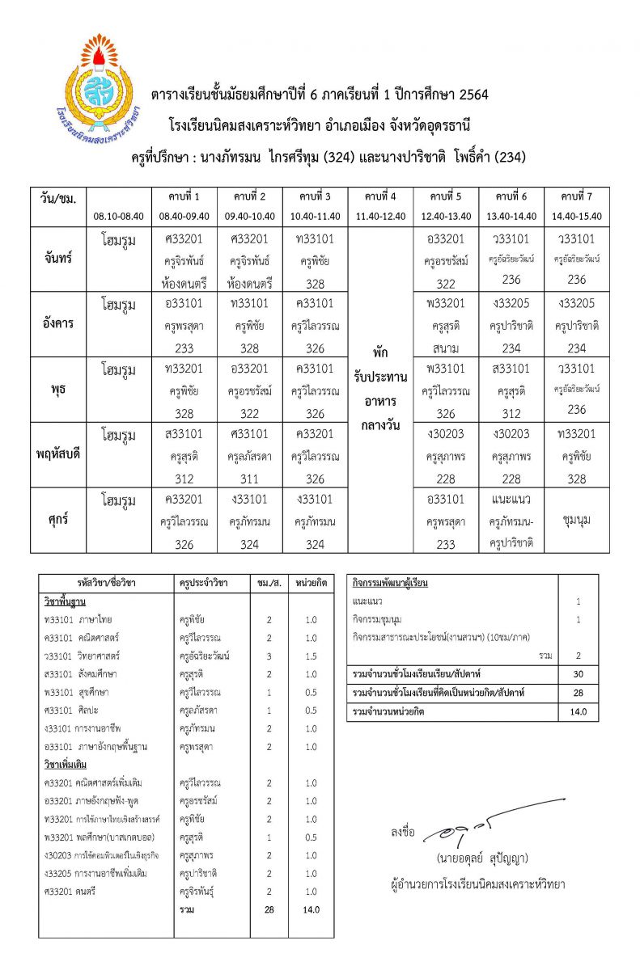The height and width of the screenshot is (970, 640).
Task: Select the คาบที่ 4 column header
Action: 379,196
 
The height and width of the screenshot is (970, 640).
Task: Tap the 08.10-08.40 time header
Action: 119,216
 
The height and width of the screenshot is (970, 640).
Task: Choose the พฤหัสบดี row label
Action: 58,454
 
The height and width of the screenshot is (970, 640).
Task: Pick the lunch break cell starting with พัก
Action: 379,354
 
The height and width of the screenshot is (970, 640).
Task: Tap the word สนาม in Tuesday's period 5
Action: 446,348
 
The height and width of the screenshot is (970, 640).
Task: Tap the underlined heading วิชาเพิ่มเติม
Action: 66,764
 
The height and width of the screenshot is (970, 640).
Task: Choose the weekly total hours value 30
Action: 578,673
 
